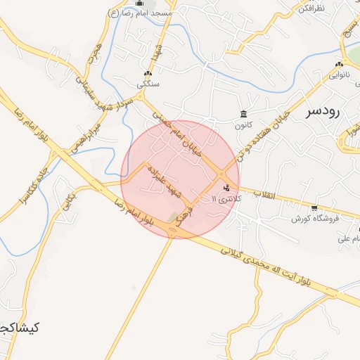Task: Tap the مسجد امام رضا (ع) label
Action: [x=140, y=13]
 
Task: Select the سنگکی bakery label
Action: [x=148, y=84]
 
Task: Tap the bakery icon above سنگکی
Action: [x=148, y=74]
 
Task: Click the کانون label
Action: [x=243, y=126]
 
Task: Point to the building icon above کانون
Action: [x=243, y=115]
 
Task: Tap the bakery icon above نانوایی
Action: [x=339, y=64]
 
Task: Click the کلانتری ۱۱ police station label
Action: [x=226, y=200]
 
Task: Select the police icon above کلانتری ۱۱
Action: [x=226, y=188]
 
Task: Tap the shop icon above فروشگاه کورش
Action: [x=314, y=208]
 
